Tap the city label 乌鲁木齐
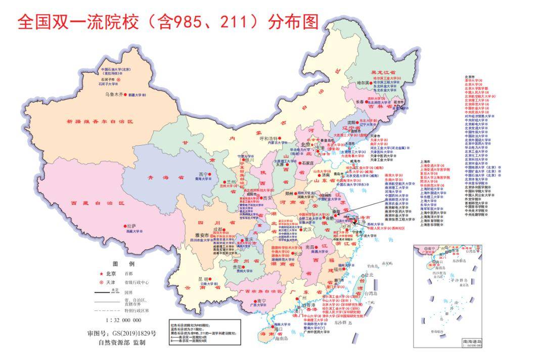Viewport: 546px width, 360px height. (114, 94)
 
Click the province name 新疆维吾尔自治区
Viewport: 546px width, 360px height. (100, 121)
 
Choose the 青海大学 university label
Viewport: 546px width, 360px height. (206, 178)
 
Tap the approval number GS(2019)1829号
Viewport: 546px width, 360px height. (122, 334)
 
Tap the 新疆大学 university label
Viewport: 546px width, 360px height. (136, 95)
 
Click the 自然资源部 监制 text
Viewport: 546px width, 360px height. (122, 342)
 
